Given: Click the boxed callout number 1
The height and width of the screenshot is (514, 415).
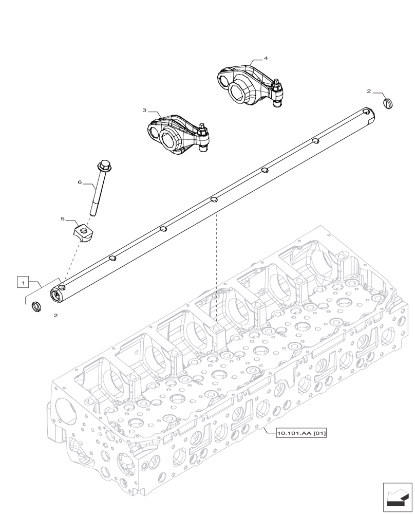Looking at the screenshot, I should click(22, 282).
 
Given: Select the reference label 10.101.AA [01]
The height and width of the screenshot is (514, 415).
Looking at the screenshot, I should click(301, 433).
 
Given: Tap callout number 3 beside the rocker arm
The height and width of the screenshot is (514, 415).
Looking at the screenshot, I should click(145, 110).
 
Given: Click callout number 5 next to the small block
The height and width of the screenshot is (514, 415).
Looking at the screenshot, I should click(63, 218).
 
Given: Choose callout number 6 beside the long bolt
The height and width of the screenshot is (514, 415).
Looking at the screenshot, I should click(80, 182).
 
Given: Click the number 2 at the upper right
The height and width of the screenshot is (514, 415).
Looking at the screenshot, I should click(369, 91).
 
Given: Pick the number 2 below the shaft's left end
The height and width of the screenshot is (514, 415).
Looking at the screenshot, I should click(55, 316).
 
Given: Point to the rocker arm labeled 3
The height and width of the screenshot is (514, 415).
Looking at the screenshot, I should click(172, 135).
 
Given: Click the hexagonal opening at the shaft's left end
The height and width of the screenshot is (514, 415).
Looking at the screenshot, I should click(54, 295).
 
